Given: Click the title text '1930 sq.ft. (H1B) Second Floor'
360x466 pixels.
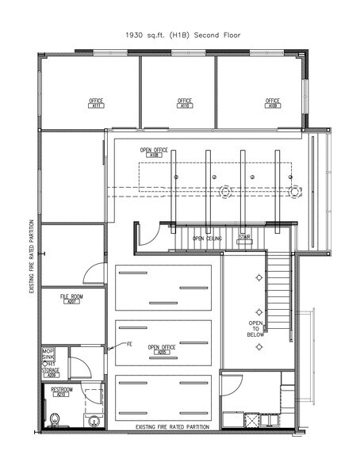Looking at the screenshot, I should (x=179, y=35).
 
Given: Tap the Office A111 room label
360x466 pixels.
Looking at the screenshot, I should (x=96, y=102).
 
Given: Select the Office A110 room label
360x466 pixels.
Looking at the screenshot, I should (x=185, y=102).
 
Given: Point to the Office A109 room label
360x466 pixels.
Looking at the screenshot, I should (x=273, y=102).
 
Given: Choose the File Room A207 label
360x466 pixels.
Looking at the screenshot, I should (x=71, y=300).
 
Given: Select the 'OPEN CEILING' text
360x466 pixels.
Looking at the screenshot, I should (x=206, y=238).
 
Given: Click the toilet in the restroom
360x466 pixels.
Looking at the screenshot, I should (x=55, y=419).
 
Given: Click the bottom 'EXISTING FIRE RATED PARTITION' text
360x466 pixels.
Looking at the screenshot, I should (x=172, y=428).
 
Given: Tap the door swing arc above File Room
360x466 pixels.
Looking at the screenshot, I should (x=94, y=273).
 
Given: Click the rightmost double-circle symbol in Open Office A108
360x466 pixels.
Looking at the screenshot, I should (x=295, y=190).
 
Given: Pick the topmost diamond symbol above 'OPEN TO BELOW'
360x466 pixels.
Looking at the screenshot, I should (x=259, y=277).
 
